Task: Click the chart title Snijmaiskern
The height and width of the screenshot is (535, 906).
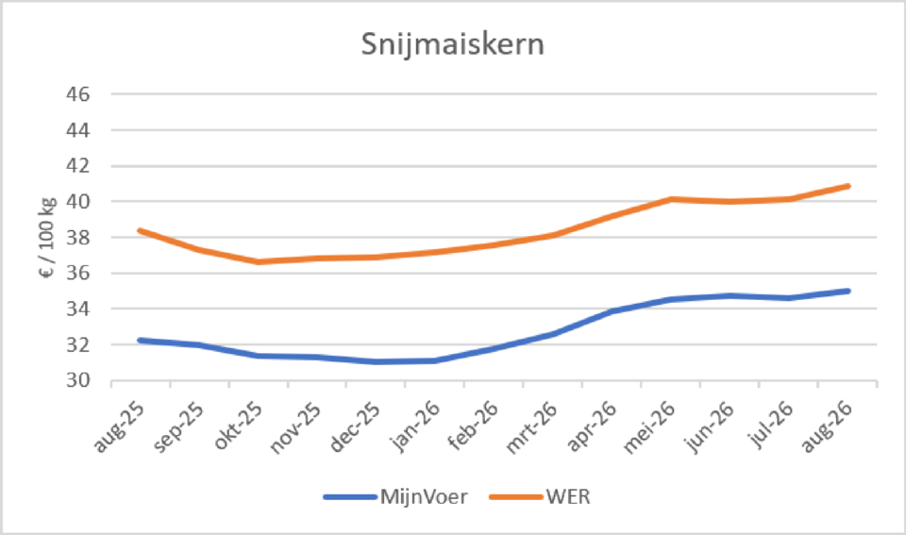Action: click(x=452, y=44)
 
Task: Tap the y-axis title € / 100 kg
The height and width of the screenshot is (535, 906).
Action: click(x=47, y=238)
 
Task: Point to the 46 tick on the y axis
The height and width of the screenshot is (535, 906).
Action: click(x=78, y=94)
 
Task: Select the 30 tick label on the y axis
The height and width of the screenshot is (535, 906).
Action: click(x=78, y=380)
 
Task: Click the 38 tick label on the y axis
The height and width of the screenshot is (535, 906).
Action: click(x=78, y=238)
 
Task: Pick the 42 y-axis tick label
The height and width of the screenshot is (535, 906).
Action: click(x=78, y=166)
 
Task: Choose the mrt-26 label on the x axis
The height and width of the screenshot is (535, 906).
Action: click(x=531, y=427)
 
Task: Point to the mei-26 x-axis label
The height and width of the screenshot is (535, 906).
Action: click(x=650, y=427)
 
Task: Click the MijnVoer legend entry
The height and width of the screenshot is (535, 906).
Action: click(x=395, y=497)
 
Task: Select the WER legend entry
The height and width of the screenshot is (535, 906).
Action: click(x=540, y=497)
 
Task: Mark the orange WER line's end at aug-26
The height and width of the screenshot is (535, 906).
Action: click(x=848, y=186)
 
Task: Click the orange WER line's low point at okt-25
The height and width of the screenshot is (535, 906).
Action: click(x=259, y=261)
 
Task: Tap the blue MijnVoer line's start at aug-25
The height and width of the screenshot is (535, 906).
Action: click(x=141, y=341)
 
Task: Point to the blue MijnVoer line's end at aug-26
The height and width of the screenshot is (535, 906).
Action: click(x=848, y=292)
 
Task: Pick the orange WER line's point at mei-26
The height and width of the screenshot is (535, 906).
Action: click(x=671, y=199)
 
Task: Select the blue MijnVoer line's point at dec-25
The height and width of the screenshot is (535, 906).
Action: click(x=377, y=362)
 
